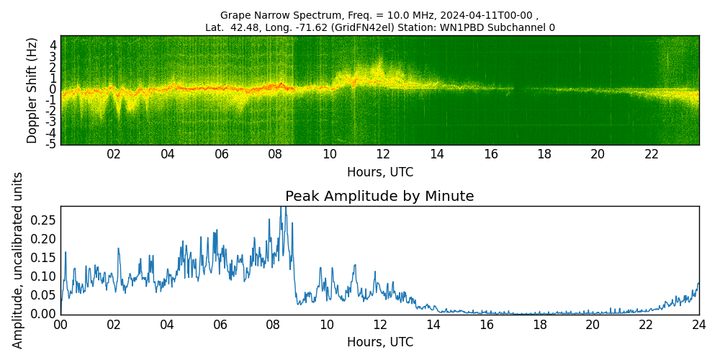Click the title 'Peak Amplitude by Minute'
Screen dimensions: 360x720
pyautogui.click(x=379, y=197)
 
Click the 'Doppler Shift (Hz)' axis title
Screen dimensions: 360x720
pyautogui.click(x=32, y=90)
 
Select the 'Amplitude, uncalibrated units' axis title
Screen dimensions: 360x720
pyautogui.click(x=18, y=260)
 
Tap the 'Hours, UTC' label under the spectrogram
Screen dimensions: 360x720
pyautogui.click(x=379, y=173)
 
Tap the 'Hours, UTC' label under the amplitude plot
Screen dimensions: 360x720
pyautogui.click(x=379, y=342)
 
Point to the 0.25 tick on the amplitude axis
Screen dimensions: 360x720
pyautogui.click(x=43, y=220)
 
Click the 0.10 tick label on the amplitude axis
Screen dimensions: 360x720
pyautogui.click(x=43, y=276)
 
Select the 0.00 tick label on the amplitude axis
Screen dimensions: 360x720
pyautogui.click(x=43, y=314)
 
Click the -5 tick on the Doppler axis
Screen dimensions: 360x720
pyautogui.click(x=52, y=144)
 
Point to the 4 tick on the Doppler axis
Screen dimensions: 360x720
pyautogui.click(x=53, y=45)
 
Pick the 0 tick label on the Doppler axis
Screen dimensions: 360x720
pyautogui.click(x=53, y=89)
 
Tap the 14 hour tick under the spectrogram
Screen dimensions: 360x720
pyautogui.click(x=436, y=154)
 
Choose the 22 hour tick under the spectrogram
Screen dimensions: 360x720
pyautogui.click(x=652, y=154)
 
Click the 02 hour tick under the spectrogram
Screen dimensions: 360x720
pyautogui.click(x=114, y=154)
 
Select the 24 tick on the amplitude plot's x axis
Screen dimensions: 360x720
pyautogui.click(x=698, y=324)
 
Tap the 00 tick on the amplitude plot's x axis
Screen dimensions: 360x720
pyautogui.click(x=60, y=324)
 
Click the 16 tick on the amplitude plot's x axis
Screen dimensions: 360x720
pyautogui.click(x=486, y=324)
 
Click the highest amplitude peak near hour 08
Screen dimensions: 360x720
pyautogui.click(x=283, y=207)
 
